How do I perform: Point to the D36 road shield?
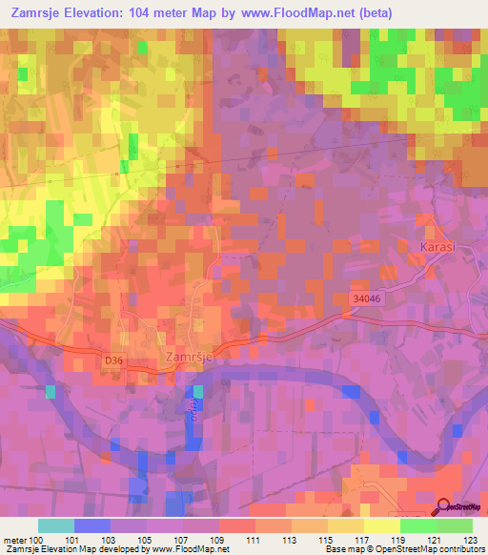(x=115, y=360)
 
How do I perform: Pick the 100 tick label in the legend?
(x=39, y=540)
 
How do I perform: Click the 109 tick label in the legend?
(x=219, y=540)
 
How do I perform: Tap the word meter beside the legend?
(x=15, y=540)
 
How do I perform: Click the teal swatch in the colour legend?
(x=56, y=525)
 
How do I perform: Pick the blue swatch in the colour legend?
(x=92, y=525)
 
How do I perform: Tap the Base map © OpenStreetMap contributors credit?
(x=403, y=549)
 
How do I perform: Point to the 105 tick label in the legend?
(x=147, y=540)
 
